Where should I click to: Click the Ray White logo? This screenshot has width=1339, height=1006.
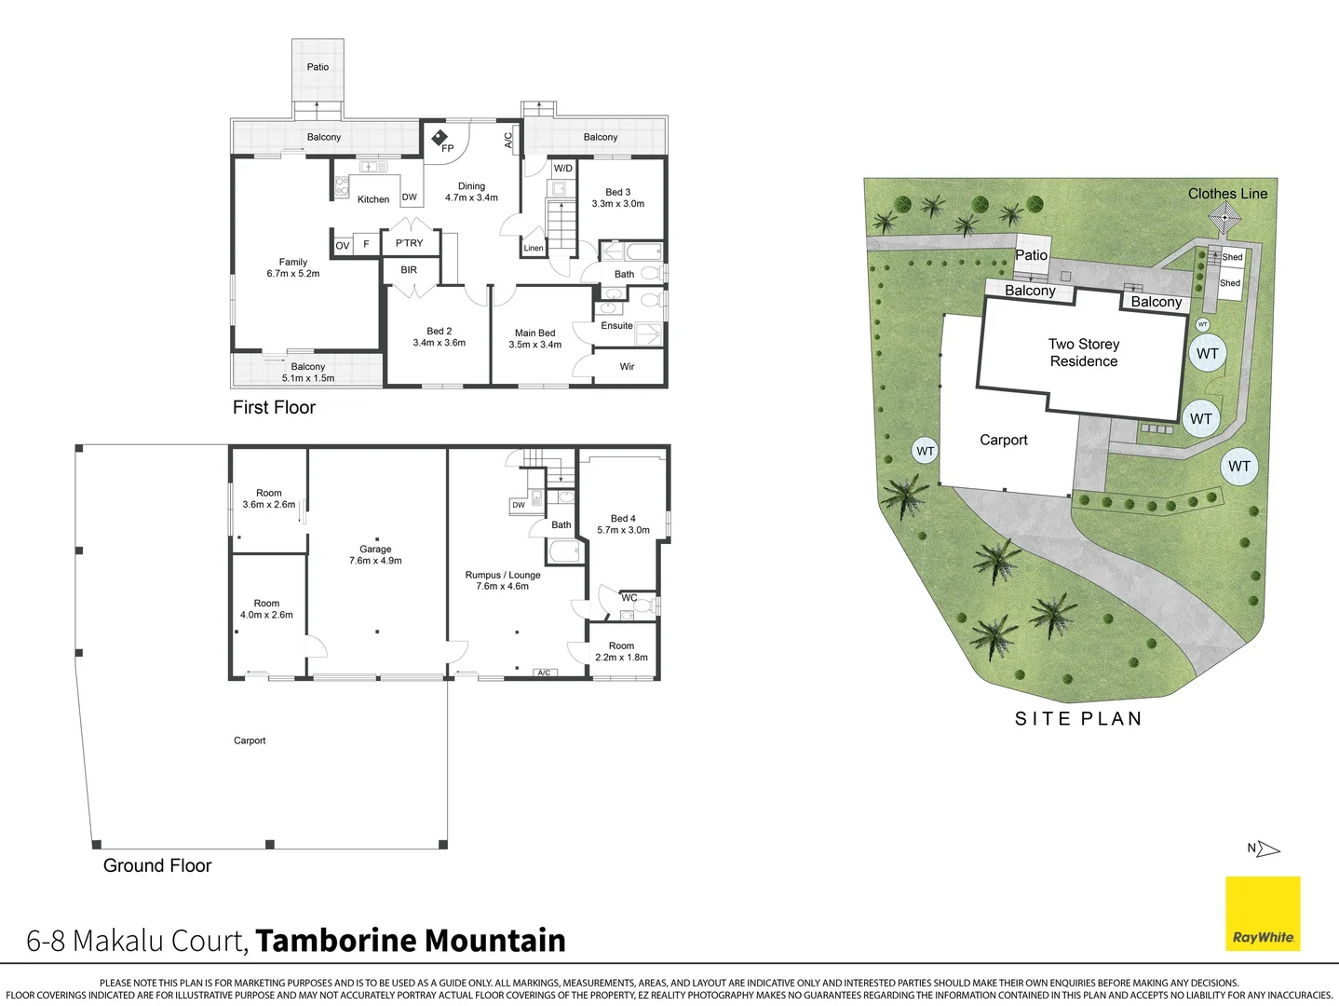tap(1263, 913)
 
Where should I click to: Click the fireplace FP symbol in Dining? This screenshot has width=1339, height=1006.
tap(440, 139)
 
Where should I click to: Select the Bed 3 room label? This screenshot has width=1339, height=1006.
tap(617, 197)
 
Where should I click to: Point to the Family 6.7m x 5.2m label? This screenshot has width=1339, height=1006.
tap(292, 268)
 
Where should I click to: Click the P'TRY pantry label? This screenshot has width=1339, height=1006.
tap(409, 243)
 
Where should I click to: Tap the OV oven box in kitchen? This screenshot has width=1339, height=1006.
tap(343, 245)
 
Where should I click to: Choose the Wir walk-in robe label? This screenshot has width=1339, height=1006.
tap(627, 366)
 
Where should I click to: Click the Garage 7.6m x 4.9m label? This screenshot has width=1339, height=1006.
tap(375, 555)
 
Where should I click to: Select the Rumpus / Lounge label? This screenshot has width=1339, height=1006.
tap(503, 580)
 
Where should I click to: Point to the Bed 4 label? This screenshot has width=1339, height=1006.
tap(623, 523)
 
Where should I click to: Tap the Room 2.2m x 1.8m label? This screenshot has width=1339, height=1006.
tap(621, 651)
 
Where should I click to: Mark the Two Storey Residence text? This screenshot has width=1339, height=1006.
tap(1084, 353)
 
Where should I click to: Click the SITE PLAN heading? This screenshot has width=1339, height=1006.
tap(1078, 718)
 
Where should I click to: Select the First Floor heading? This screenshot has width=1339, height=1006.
tap(274, 407)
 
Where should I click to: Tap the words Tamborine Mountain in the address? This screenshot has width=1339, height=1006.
tap(411, 941)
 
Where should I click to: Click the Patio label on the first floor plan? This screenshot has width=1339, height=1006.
tap(318, 67)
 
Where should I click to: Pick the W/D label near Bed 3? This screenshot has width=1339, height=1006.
tap(563, 169)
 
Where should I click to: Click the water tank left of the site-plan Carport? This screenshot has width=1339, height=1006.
tap(925, 451)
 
